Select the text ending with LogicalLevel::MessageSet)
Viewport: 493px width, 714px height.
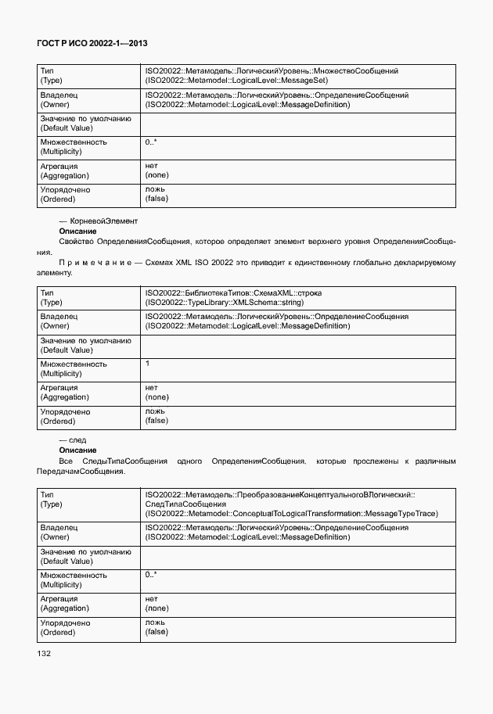pos(236,80)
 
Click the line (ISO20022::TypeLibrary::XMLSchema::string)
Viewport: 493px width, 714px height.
pos(225,302)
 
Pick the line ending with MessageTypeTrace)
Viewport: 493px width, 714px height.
pos(291,514)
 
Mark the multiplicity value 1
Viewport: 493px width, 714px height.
pos(148,364)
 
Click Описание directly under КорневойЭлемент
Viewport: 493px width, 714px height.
pos(77,231)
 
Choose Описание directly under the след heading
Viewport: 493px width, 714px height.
pos(77,451)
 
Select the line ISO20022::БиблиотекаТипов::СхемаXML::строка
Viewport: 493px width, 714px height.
pos(233,292)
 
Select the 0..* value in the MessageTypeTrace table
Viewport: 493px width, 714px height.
pos(151,575)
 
